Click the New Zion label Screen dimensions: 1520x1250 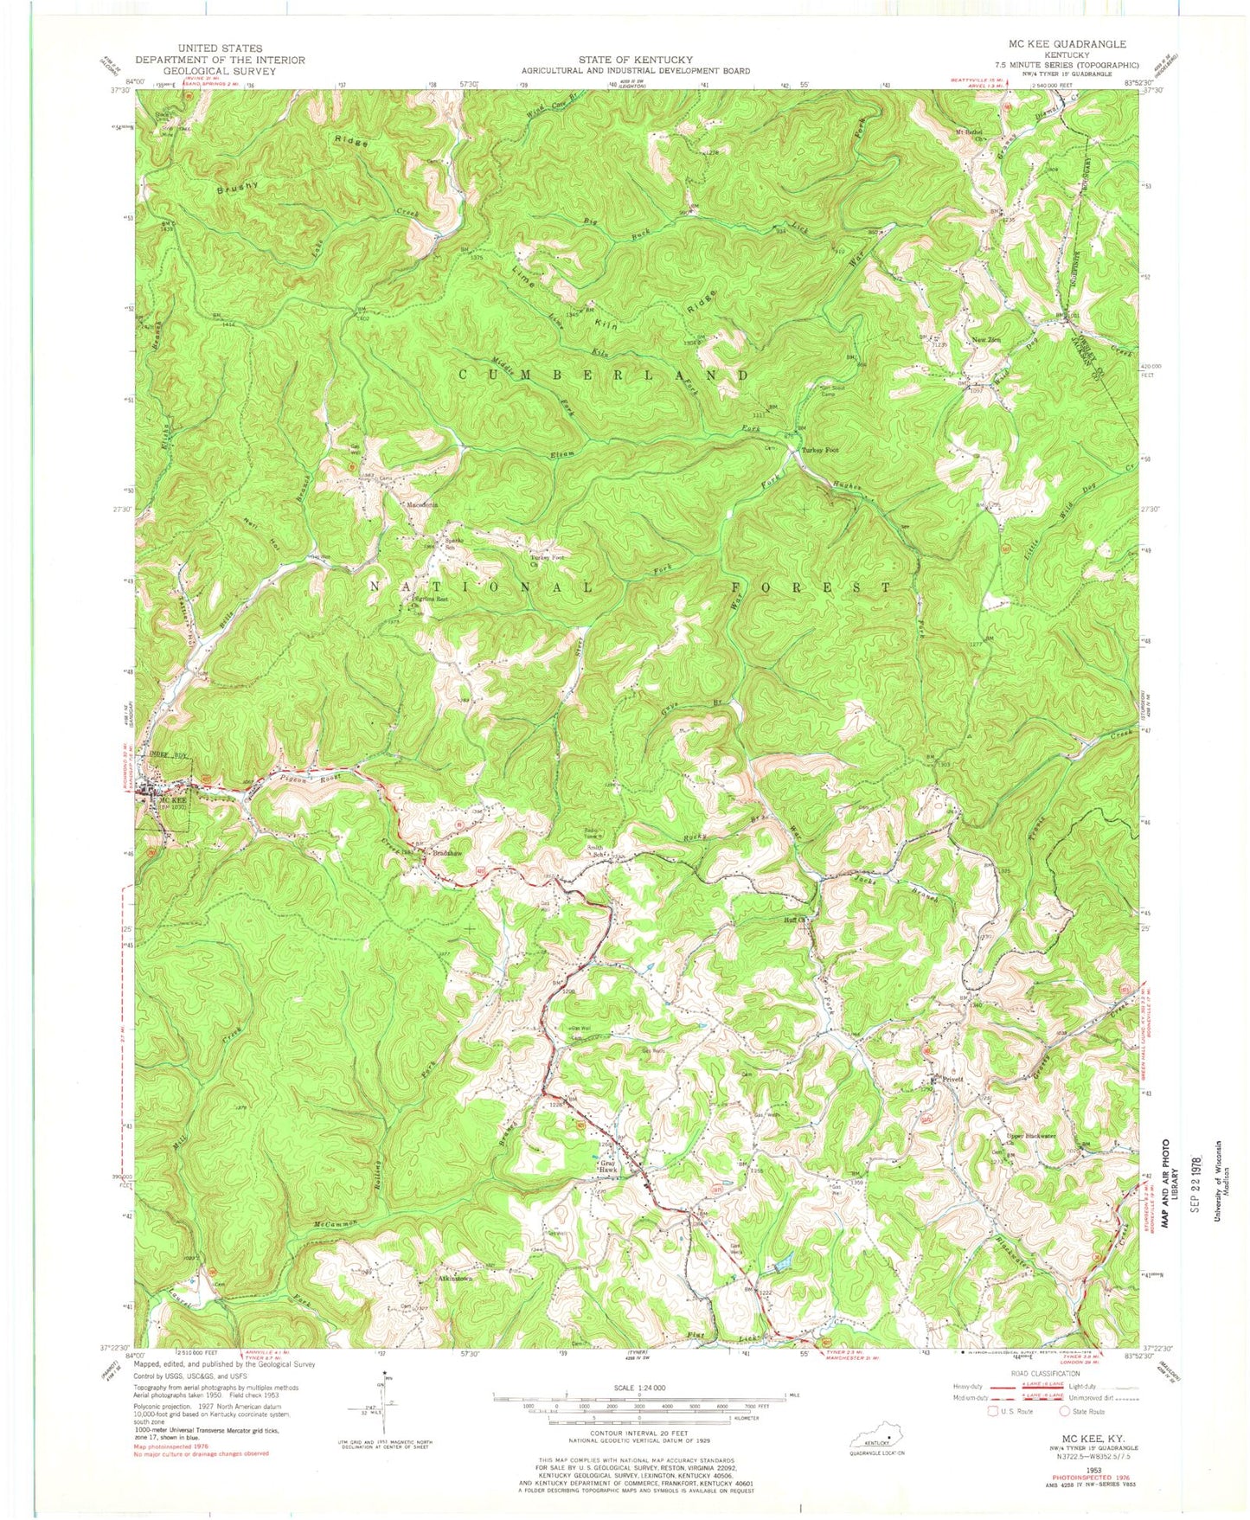[x=987, y=340]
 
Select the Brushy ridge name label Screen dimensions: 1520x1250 [x=238, y=186]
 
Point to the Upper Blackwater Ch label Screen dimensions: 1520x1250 [x=1029, y=1136]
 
